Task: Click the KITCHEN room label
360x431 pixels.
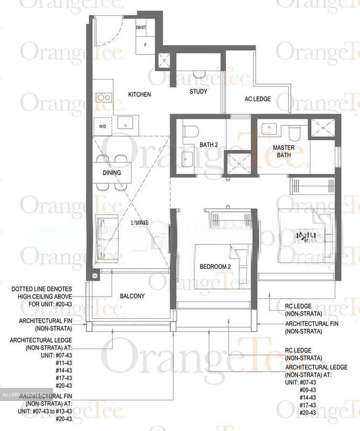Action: coord(139,95)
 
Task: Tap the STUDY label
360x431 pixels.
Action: coord(198,91)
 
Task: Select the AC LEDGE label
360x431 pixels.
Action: coord(258,99)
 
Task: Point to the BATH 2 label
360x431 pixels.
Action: coord(209,145)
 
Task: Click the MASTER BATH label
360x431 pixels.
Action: coord(283,151)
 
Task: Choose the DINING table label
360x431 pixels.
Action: coord(112,173)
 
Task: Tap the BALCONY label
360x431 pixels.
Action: coord(132,296)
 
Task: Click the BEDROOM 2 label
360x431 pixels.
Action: coord(215,266)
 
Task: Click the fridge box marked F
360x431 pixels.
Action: coord(145,45)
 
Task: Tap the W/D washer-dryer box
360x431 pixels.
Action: coord(102,126)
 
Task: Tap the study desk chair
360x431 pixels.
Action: coord(198,74)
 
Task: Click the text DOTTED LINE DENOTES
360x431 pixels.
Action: coord(42,289)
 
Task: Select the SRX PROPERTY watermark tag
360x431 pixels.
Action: coord(26,394)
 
